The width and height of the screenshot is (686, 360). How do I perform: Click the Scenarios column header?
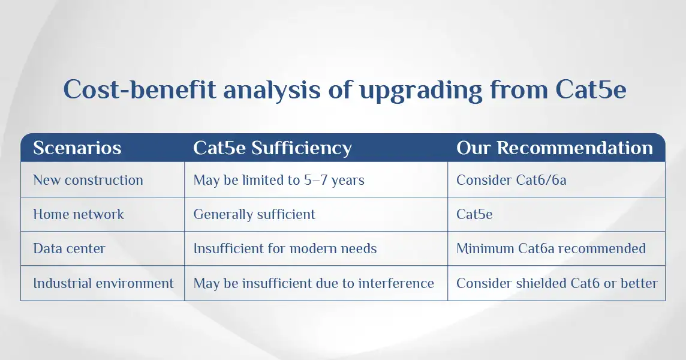coord(77,148)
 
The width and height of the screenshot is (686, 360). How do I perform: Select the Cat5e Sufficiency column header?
coord(272,148)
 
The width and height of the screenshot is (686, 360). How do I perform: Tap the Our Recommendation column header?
coord(554,148)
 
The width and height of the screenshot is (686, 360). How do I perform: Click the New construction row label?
coord(88,180)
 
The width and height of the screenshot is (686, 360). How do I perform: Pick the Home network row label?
coord(79,214)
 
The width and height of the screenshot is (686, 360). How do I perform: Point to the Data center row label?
coord(69,248)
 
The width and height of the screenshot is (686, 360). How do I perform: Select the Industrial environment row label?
coord(103,283)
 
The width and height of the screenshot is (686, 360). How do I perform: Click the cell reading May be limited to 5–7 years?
coord(279,181)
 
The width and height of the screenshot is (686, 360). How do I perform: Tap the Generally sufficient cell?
coord(254,215)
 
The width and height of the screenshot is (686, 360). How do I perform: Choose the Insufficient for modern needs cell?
coord(285,248)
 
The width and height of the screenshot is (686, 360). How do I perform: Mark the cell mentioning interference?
coord(314,283)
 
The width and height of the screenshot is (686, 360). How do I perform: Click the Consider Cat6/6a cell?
coord(511,180)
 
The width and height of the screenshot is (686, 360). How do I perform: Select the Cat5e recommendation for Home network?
coord(474,214)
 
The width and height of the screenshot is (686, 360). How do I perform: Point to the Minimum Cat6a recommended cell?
coord(551,248)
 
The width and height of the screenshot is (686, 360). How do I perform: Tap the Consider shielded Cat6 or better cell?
coord(556,283)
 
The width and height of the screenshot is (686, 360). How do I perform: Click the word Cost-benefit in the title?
coord(140,89)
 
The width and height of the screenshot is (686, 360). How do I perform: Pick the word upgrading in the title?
coord(420,91)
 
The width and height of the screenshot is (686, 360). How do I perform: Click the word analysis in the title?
coord(272,91)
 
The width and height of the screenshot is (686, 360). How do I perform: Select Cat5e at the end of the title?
coord(591,89)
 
